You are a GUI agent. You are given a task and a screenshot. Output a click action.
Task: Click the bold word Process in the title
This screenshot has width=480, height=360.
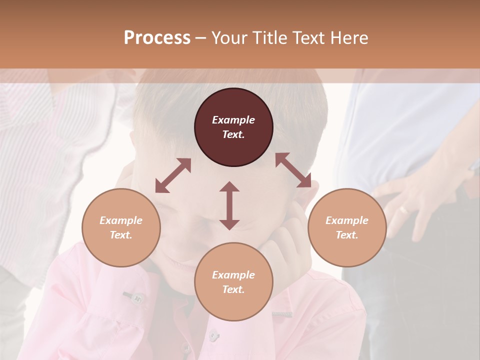pos(157,38)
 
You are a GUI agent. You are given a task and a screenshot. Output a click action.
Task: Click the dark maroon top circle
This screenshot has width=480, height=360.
pos(233,127)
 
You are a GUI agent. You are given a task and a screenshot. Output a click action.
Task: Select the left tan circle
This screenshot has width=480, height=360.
pos(121,227)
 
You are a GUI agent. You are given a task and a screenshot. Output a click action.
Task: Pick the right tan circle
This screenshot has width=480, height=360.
pos(346,227)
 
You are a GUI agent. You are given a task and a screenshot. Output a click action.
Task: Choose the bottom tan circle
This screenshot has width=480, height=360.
pos(233,282)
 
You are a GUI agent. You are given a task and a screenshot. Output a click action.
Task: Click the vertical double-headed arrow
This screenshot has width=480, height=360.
pos(229,205)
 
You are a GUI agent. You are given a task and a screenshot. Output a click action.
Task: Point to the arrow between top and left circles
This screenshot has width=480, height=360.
pos(173,175)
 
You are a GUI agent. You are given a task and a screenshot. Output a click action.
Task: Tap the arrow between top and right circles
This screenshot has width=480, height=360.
pos(293,170)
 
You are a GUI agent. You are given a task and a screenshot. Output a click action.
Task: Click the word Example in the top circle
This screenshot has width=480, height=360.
pos(233,120)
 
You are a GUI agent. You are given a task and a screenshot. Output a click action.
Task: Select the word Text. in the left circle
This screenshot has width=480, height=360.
pos(121,235)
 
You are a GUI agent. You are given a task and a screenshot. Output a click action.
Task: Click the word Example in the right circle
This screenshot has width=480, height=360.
pos(346,220)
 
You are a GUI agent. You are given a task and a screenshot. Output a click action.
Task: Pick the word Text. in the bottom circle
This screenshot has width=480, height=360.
pos(233,289)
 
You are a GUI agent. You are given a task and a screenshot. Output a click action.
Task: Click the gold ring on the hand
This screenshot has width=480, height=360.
pos(404,210)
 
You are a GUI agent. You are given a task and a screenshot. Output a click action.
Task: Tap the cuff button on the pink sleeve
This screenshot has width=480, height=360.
pos(135,298)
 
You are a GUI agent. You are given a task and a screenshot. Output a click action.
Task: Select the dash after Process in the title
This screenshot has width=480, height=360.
pos(201,38)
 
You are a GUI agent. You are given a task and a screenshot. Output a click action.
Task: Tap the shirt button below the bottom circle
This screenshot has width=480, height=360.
pos(213,333)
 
